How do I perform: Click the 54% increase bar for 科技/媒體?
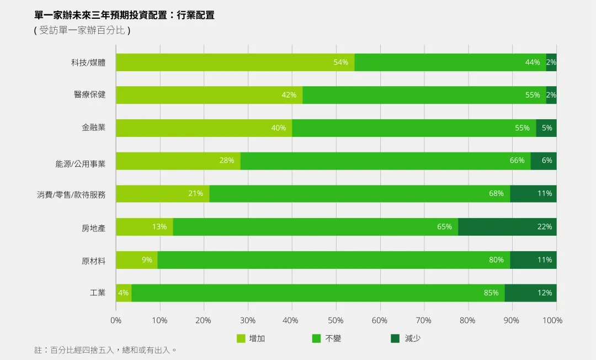click(x=235, y=62)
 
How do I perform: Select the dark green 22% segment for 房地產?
click(x=507, y=227)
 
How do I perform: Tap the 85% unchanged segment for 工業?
click(x=317, y=293)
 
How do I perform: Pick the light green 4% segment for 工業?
click(x=123, y=293)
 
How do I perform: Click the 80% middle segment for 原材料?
click(x=334, y=260)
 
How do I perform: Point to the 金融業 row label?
click(x=93, y=128)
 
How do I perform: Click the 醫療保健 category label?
click(x=89, y=95)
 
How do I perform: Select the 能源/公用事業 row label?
click(x=80, y=164)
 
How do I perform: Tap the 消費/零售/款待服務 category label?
click(x=71, y=194)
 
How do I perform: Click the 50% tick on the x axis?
click(x=336, y=320)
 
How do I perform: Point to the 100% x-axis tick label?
click(x=552, y=320)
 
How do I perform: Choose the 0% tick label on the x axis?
click(x=116, y=320)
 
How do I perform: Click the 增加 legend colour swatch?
click(x=241, y=338)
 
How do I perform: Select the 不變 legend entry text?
click(x=333, y=338)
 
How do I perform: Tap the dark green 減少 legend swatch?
click(x=395, y=338)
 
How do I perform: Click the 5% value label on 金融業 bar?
click(x=546, y=128)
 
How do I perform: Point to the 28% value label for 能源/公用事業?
click(x=226, y=161)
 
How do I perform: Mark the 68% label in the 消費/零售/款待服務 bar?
click(x=496, y=194)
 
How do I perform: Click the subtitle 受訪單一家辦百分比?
click(x=82, y=30)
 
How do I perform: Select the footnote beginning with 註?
click(x=105, y=350)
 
